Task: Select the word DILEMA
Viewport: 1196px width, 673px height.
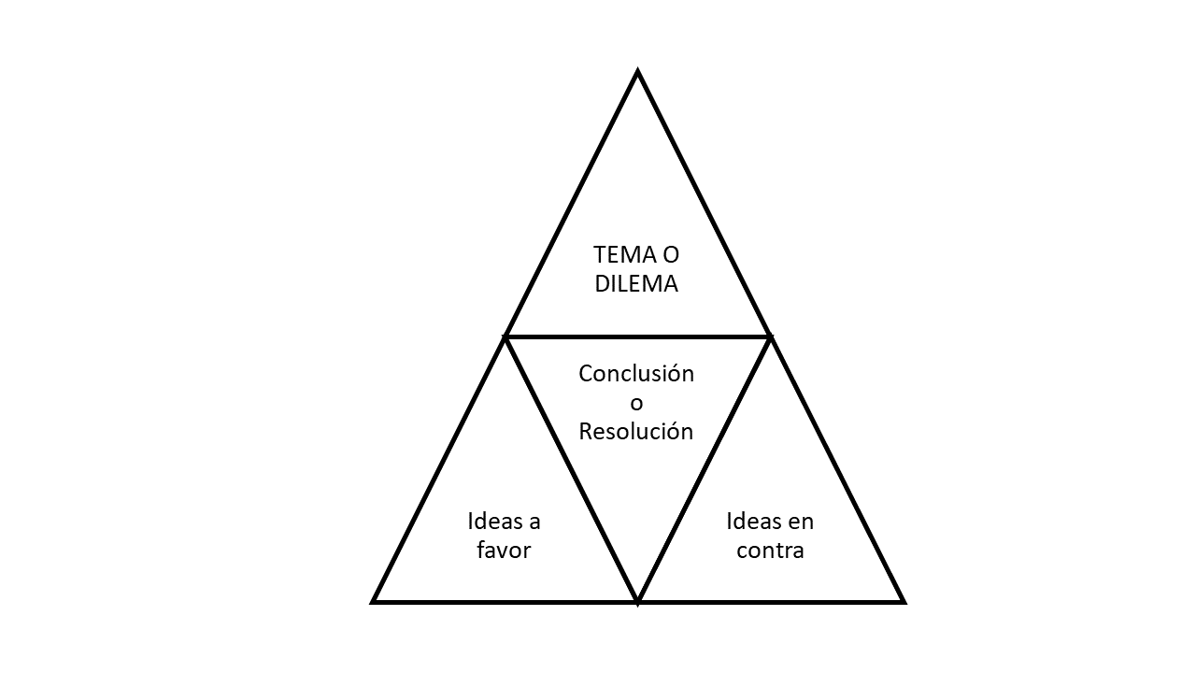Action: (636, 284)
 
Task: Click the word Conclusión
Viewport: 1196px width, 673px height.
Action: (636, 374)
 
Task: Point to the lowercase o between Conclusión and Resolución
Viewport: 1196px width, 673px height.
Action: (636, 404)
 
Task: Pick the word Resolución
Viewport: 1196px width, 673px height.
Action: (636, 431)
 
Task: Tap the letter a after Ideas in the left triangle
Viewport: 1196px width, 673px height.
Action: (534, 522)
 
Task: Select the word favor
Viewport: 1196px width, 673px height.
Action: (504, 550)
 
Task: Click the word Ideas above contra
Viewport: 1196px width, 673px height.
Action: (751, 521)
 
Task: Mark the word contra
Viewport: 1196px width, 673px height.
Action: (770, 550)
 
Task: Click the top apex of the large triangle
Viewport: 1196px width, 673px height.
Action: (637, 71)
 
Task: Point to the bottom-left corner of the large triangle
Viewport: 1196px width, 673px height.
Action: (374, 601)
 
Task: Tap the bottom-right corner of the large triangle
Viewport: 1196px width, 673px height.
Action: (903, 601)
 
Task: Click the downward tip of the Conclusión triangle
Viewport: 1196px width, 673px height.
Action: (637, 600)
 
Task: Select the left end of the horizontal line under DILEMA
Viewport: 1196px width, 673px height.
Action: (505, 336)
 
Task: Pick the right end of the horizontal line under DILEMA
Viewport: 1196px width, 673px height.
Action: (770, 336)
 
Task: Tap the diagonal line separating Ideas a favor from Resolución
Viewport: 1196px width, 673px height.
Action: (571, 467)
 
